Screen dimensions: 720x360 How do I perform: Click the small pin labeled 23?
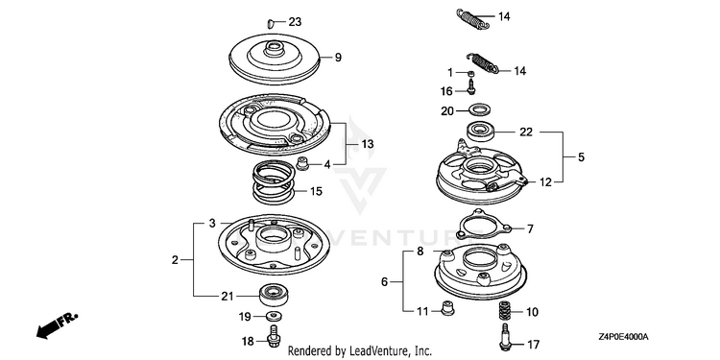click(271, 22)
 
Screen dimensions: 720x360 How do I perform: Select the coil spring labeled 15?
click(275, 180)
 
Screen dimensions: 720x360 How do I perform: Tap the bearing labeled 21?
click(274, 295)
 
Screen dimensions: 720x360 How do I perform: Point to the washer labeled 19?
click(275, 316)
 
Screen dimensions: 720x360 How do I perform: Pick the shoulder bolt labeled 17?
click(504, 339)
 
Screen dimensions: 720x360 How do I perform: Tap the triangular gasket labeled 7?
click(483, 225)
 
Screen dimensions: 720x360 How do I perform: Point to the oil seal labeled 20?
click(480, 110)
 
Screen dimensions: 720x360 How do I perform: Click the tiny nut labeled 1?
click(470, 73)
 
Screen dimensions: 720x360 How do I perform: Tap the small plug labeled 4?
click(301, 163)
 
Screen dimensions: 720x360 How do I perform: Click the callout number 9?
click(339, 58)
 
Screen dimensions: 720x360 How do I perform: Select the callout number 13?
click(368, 144)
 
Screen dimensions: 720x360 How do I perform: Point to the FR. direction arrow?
click(57, 325)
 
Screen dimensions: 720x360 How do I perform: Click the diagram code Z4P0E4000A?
click(623, 337)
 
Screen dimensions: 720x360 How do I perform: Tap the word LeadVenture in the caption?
click(374, 351)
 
